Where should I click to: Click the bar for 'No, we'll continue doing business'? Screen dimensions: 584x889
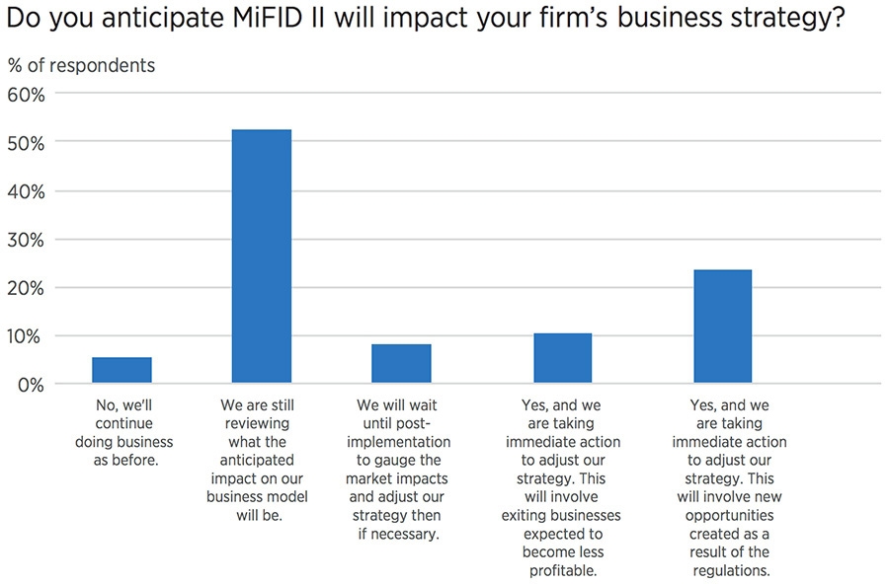tap(122, 370)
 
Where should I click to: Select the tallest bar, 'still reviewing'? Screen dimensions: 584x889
tap(261, 256)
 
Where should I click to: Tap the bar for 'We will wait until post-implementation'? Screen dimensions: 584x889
tap(401, 363)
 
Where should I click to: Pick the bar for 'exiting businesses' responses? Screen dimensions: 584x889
tap(563, 358)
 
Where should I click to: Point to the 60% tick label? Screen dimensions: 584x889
tap(26, 95)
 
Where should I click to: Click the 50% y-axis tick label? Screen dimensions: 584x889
tap(26, 143)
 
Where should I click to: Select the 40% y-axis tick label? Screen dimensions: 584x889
tap(26, 191)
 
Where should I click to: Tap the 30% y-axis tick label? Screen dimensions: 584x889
tap(26, 240)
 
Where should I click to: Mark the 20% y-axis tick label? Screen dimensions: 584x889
tap(26, 288)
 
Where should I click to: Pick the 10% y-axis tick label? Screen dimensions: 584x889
tap(26, 336)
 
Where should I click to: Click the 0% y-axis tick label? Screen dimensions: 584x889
tap(31, 385)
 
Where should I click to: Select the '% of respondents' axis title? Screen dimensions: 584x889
tap(81, 66)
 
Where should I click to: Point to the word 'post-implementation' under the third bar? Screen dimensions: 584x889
tap(402, 442)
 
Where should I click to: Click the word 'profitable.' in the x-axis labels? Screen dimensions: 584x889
tap(563, 570)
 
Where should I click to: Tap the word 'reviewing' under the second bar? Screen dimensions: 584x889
tap(257, 423)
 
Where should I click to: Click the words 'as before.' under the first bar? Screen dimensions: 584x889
tap(123, 461)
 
